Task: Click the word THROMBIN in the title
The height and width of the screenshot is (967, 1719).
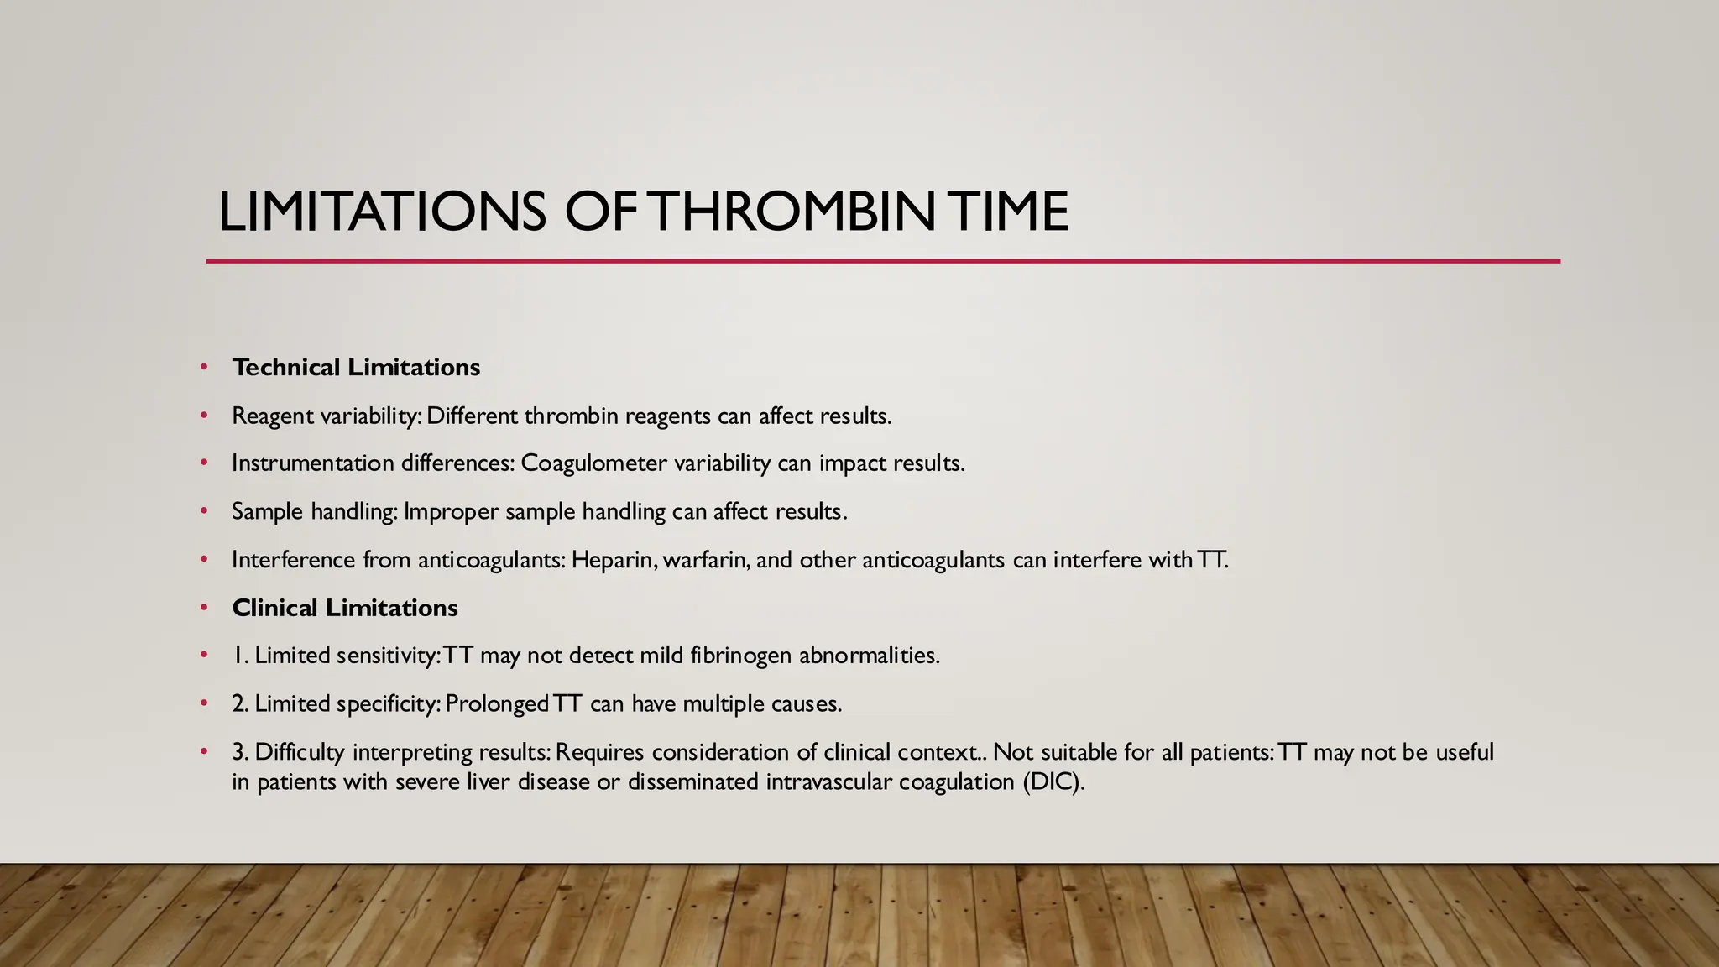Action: pyautogui.click(x=792, y=212)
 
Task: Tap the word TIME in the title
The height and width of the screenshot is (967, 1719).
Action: pyautogui.click(x=1006, y=212)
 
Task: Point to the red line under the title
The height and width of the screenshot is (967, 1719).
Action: pyautogui.click(x=881, y=261)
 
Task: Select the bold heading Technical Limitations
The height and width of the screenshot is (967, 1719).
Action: pyautogui.click(x=356, y=368)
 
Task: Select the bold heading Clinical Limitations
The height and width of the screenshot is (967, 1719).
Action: pyautogui.click(x=344, y=608)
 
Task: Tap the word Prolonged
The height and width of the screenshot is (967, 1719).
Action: pyautogui.click(x=496, y=703)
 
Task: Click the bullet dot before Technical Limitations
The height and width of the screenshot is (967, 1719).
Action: pyautogui.click(x=204, y=368)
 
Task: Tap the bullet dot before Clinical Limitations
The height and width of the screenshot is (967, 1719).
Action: pyautogui.click(x=204, y=608)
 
